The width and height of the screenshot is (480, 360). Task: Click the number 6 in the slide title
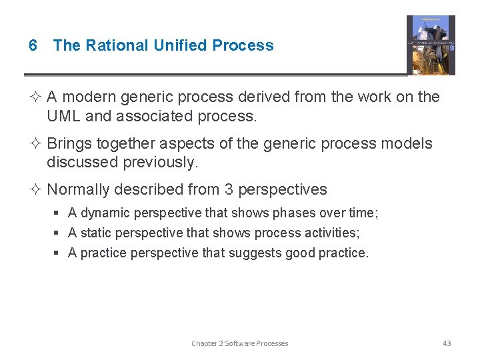pyautogui.click(x=33, y=45)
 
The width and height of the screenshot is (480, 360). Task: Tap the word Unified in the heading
pyautogui.click(x=181, y=45)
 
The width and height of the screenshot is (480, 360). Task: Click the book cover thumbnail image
pyautogui.click(x=431, y=45)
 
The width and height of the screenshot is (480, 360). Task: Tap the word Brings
pyautogui.click(x=70, y=144)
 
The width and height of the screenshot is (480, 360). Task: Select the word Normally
pyautogui.click(x=78, y=190)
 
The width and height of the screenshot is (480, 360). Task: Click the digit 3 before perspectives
pyautogui.click(x=229, y=190)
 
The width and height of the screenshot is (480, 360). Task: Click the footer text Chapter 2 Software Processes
pyautogui.click(x=239, y=343)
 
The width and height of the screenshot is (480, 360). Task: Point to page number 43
pyautogui.click(x=447, y=343)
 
